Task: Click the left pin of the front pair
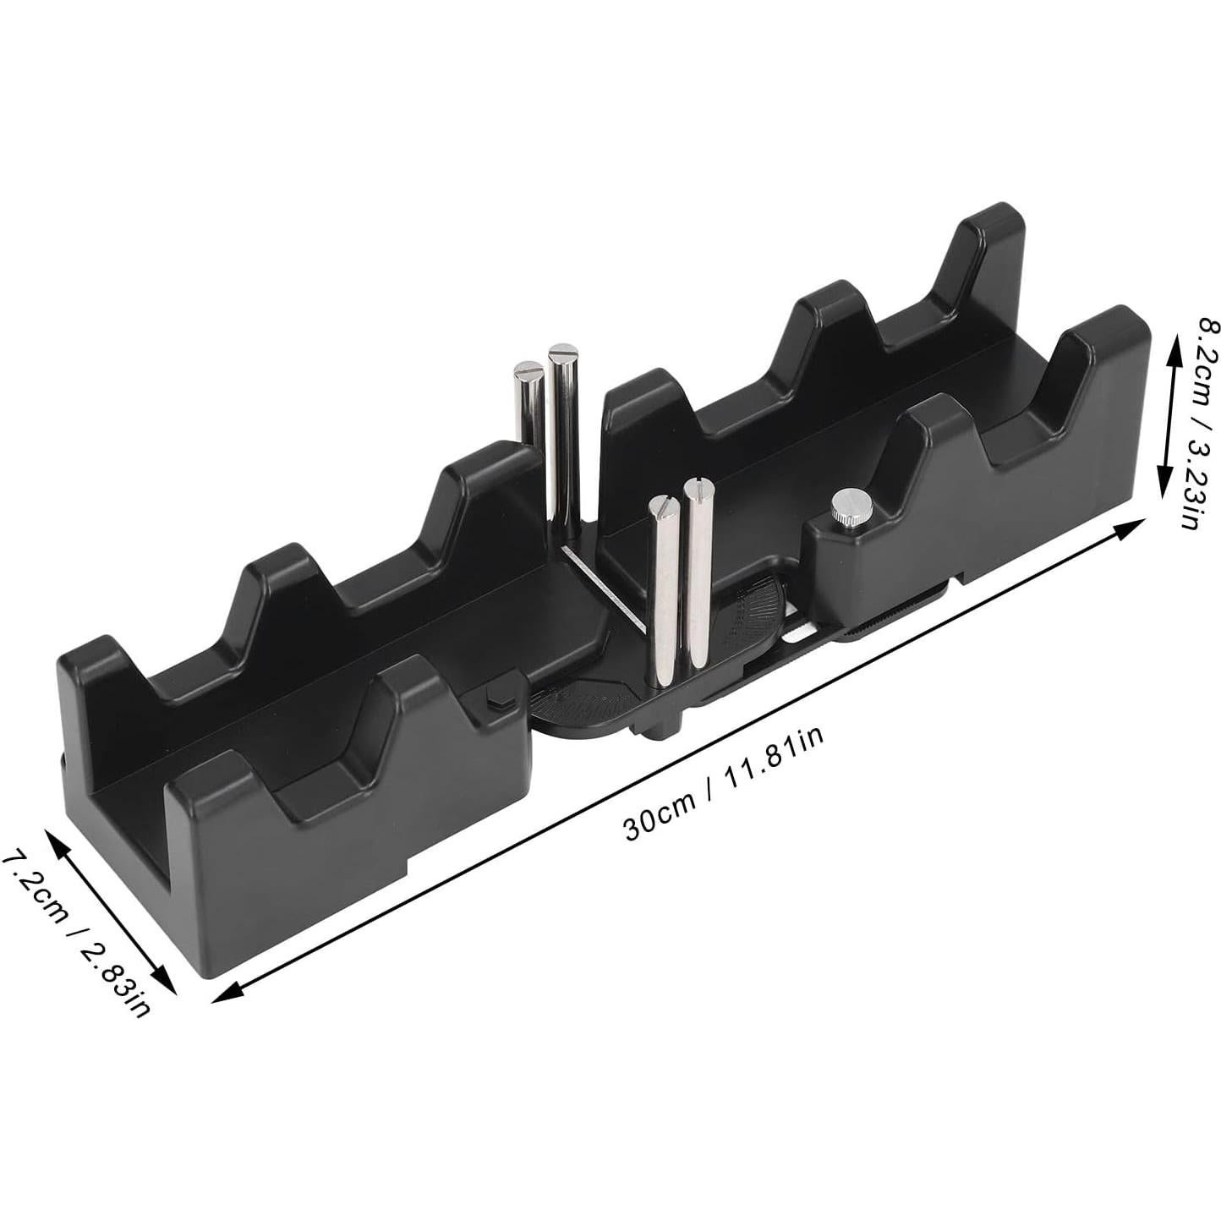[662, 592]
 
